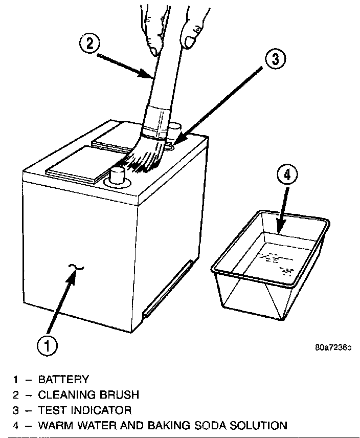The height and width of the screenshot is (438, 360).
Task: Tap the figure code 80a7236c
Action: [x=333, y=348]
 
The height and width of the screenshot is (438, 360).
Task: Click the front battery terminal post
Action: [x=118, y=175]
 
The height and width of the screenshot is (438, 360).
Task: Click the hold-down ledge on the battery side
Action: [x=169, y=287]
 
